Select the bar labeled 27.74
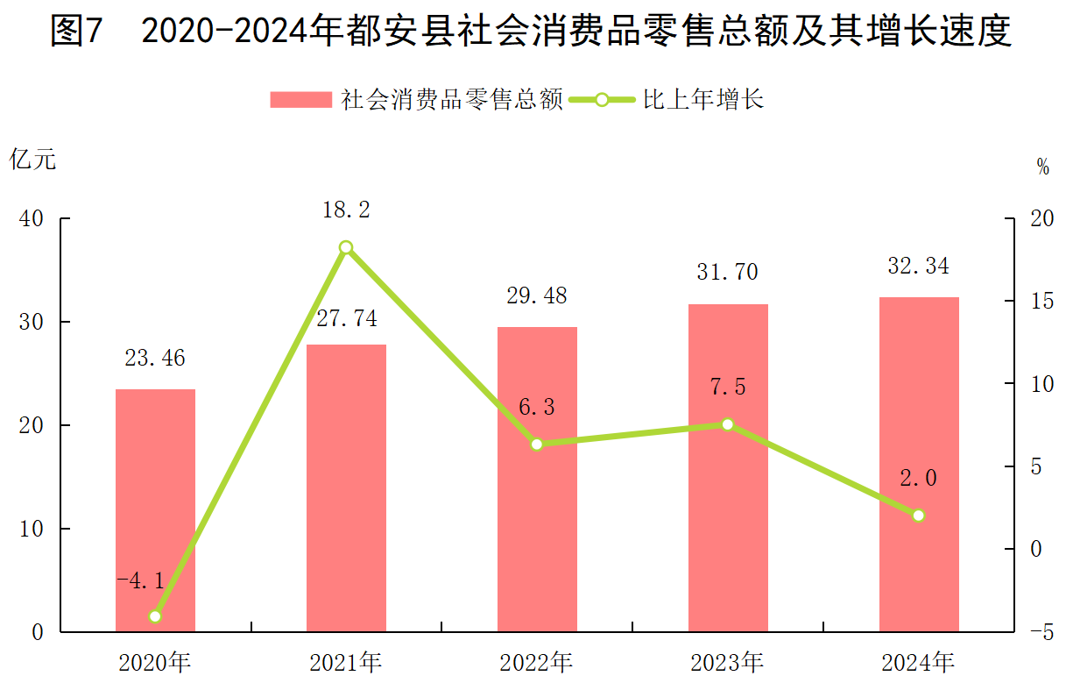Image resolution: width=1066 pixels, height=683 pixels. (x=346, y=487)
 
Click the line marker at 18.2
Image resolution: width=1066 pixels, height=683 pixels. (x=346, y=247)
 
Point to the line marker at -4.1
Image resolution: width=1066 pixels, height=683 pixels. (x=155, y=616)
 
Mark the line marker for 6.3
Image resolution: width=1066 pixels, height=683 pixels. (x=537, y=444)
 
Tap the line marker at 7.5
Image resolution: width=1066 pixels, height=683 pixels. (x=728, y=424)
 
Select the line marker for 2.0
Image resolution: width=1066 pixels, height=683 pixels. (x=919, y=516)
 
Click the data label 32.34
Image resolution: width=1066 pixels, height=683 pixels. (x=918, y=266)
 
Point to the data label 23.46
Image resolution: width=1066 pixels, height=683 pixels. (x=155, y=358)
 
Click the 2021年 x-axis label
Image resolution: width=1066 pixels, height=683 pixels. (x=346, y=661)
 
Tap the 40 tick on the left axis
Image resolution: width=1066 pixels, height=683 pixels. (x=32, y=219)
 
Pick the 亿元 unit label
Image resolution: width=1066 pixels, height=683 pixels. (x=32, y=160)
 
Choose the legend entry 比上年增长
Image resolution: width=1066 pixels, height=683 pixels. (x=703, y=99)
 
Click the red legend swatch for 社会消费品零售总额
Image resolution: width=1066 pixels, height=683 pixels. (x=300, y=99)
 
